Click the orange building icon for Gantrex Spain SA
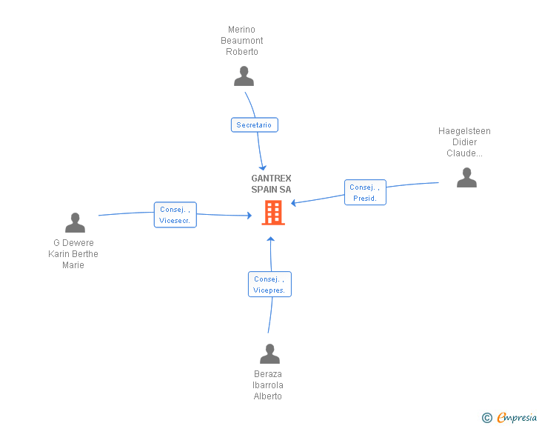273,213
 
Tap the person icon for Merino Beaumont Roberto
244,76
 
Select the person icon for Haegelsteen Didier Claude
466,178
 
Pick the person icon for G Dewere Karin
75,223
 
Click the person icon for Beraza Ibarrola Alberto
269,353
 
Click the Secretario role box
255,125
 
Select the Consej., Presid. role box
365,193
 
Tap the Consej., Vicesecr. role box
175,215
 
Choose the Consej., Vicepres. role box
269,284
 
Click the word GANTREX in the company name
271,179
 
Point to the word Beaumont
241,41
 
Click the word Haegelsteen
464,131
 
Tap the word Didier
464,142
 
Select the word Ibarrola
268,385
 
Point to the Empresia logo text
517,418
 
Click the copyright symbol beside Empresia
487,418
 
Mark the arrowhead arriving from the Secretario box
263,168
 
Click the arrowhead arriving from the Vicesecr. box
250,216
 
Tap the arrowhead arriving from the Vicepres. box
271,239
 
